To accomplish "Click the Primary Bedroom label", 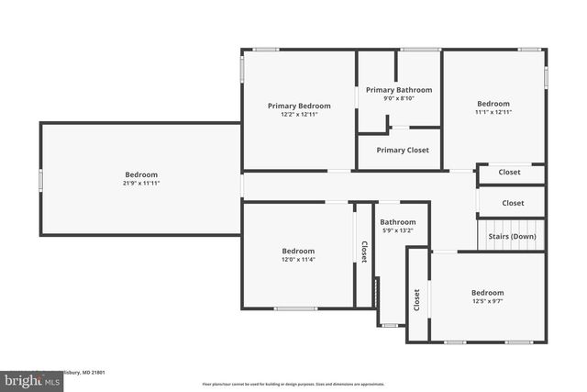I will (x=299, y=106).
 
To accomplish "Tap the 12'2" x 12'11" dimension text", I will (x=299, y=115).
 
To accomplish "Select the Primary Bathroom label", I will (x=398, y=90).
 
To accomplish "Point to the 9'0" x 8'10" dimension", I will (x=398, y=98).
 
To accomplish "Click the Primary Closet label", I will (x=402, y=151).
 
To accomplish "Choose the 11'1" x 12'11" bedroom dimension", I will (x=493, y=112).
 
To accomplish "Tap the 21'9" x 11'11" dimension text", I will (x=141, y=183).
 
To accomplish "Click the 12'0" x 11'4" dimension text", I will (x=298, y=260).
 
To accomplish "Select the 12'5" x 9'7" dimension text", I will (x=488, y=301).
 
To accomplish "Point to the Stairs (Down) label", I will (x=512, y=236).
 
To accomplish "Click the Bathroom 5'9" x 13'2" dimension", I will (x=398, y=230).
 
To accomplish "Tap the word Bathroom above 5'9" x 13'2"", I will (x=398, y=221).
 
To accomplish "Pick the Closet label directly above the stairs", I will (x=513, y=203).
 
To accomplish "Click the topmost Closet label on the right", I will (x=509, y=172).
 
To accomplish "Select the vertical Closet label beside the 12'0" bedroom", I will (x=364, y=252).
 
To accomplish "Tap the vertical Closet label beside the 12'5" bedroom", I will (x=417, y=299).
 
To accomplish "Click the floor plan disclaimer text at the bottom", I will (x=293, y=384).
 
